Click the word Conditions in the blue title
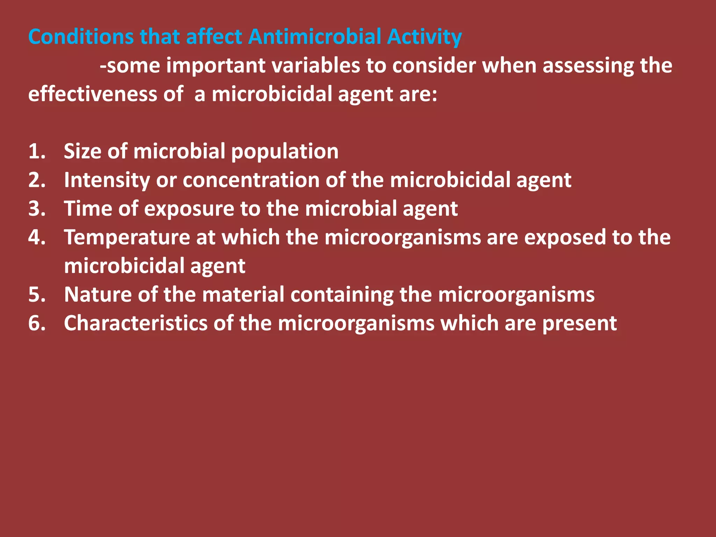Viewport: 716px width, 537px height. coord(81,37)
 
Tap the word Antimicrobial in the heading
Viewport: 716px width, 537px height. coord(315,37)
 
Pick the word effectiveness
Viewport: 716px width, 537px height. coord(93,94)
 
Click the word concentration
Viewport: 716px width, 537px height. coord(251,180)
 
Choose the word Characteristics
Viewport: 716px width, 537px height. coord(136,323)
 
